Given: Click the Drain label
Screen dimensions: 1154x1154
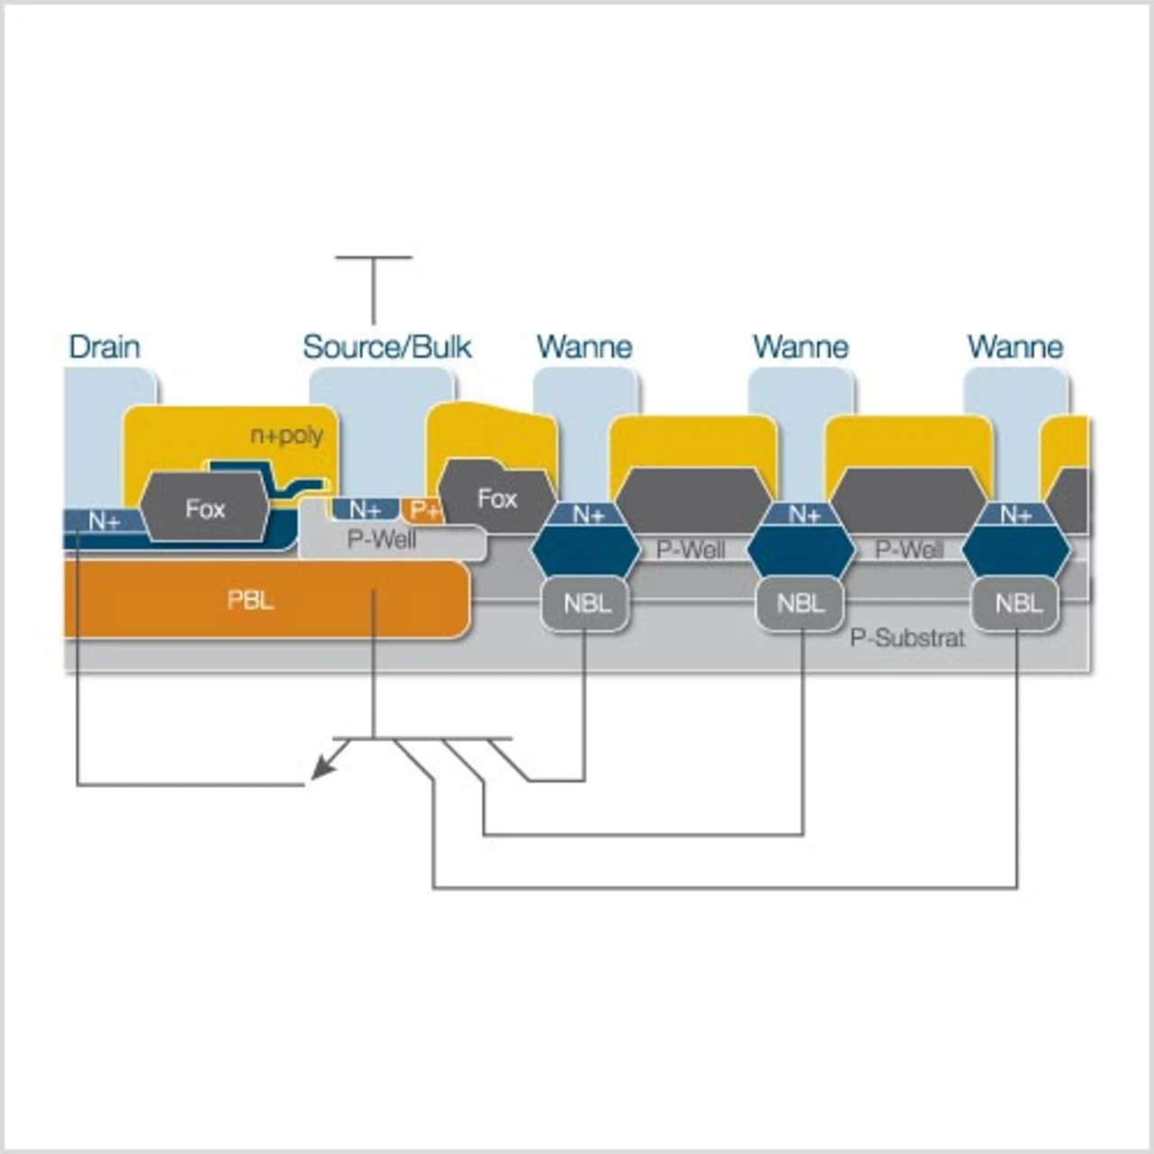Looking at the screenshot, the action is point(105,347).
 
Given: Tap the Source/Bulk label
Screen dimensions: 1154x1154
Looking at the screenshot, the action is point(387,347).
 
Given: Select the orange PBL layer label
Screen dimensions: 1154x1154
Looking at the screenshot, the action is point(251,600).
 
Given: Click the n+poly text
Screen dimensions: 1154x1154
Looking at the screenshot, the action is point(287,435).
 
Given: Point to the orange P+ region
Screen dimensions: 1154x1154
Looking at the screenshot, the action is point(424,510).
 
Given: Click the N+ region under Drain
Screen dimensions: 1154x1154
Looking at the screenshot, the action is point(103,521).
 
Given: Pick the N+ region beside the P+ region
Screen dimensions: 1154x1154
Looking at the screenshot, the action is point(365,509).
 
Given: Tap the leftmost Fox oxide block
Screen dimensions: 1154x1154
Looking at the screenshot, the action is point(205,508).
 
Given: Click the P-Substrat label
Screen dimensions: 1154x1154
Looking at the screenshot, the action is point(907,638).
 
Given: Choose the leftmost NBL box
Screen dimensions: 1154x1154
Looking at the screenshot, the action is point(587,604).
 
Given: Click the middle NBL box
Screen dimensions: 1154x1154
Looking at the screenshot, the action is point(801,604).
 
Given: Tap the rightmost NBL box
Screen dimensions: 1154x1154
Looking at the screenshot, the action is point(1017,604).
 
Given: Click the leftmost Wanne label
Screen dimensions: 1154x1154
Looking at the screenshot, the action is point(584,347).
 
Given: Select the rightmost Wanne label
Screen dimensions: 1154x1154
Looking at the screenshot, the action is point(1016,347).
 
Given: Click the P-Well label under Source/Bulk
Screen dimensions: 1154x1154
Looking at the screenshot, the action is point(381,540).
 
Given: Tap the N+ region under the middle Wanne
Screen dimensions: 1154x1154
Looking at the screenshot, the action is point(802,514).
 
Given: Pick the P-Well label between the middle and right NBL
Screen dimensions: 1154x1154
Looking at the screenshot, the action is point(909,549).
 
